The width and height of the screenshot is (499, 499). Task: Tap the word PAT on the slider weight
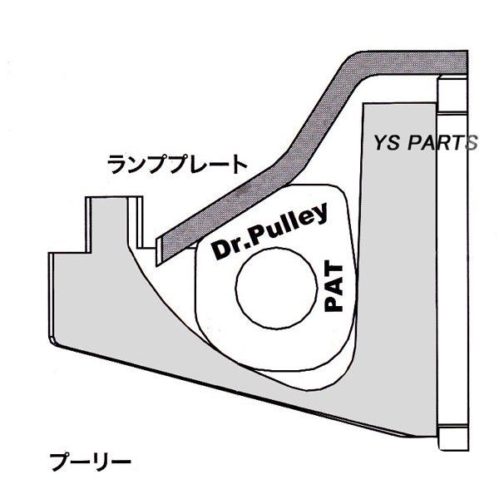(x=333, y=285)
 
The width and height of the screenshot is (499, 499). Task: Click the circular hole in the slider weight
(x=276, y=288)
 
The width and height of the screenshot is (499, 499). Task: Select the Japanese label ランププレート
(x=177, y=164)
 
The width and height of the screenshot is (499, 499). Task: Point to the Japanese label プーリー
(x=90, y=462)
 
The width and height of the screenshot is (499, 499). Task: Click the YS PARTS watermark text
(x=425, y=143)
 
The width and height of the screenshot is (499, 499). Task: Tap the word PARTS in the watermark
(x=442, y=143)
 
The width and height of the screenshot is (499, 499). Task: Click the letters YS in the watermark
(x=386, y=143)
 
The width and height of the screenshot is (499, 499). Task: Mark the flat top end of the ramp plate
(x=467, y=62)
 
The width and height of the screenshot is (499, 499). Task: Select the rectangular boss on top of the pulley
(x=114, y=223)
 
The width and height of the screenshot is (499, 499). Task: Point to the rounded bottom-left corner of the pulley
(x=52, y=341)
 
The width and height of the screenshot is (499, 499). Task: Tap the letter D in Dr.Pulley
(x=222, y=249)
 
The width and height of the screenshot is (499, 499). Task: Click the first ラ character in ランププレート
(x=116, y=164)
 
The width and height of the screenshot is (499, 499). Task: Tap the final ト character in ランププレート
(x=239, y=164)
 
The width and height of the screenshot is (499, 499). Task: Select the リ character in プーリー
(x=101, y=462)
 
